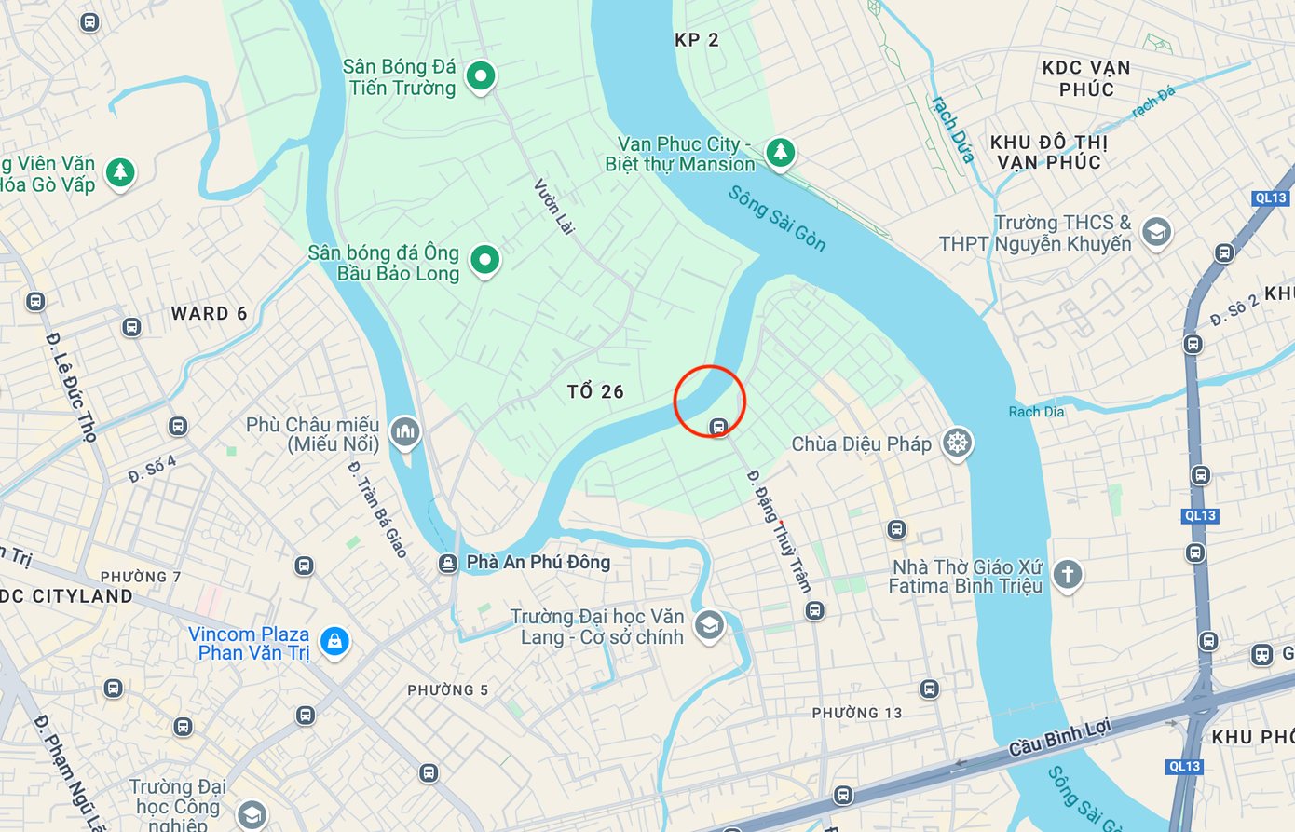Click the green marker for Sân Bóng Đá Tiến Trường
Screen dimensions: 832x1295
[x=481, y=75]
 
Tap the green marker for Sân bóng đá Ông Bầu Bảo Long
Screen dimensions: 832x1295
[x=484, y=260]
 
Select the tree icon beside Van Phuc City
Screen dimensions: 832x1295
[x=780, y=151]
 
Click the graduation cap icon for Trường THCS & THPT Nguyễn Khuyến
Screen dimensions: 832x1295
[x=1156, y=232]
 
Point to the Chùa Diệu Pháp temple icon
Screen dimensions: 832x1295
[x=957, y=443]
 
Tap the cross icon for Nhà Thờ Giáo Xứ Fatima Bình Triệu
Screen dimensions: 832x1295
[x=1068, y=574]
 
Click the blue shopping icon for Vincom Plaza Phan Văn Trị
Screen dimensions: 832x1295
[x=334, y=641]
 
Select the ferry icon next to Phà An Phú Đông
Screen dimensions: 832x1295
[x=448, y=564]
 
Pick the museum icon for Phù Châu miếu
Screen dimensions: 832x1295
[x=404, y=431]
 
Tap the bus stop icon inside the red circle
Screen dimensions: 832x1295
[x=717, y=427]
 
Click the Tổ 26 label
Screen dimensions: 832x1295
[x=595, y=392]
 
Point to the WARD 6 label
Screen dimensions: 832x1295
[x=209, y=314]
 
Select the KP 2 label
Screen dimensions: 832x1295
[x=697, y=40]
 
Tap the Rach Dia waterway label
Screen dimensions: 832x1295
[x=1036, y=412]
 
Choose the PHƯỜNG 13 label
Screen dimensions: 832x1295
[x=857, y=713]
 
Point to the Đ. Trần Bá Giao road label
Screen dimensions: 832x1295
[x=377, y=510]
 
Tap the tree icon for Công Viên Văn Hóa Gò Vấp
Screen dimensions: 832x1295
[x=120, y=171]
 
